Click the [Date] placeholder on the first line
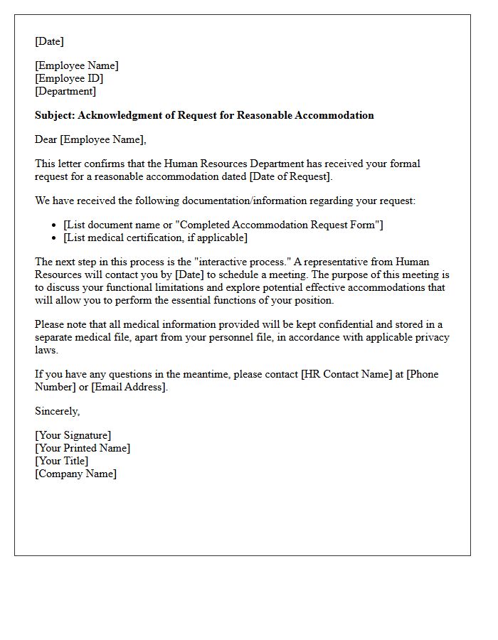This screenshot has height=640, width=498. click(49, 41)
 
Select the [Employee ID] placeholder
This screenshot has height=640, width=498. click(69, 78)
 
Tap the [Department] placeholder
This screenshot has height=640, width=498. click(65, 91)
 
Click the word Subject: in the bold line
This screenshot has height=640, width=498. click(55, 115)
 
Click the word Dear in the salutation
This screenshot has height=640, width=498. click(46, 139)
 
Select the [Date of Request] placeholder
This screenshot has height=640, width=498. click(290, 176)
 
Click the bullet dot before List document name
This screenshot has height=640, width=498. click(55, 225)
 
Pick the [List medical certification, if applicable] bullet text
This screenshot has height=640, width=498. click(155, 238)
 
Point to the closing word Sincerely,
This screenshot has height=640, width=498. click(58, 411)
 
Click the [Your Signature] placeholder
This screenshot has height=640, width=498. click(73, 435)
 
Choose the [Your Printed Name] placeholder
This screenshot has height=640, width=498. click(83, 448)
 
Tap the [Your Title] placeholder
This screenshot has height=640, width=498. click(61, 461)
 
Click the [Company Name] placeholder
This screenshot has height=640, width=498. click(75, 474)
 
